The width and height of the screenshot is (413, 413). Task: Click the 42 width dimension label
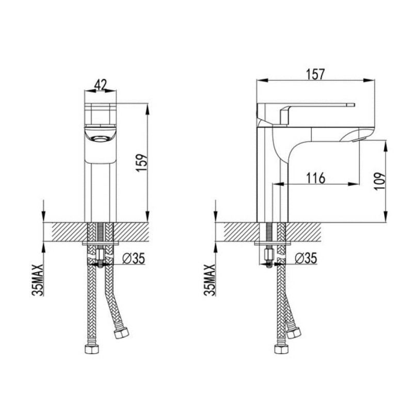pos(100,85)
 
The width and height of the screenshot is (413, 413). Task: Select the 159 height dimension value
pos(141,163)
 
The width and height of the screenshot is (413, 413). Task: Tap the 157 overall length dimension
pos(316,74)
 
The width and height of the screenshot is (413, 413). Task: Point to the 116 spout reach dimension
pos(316,178)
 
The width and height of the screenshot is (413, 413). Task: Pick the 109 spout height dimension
pos(379,181)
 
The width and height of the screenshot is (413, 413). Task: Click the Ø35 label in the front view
pos(134,259)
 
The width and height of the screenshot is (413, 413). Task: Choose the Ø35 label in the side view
pos(306,259)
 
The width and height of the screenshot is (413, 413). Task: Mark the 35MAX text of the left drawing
pos(38,280)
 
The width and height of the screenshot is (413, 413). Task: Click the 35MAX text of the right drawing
pos(210,280)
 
